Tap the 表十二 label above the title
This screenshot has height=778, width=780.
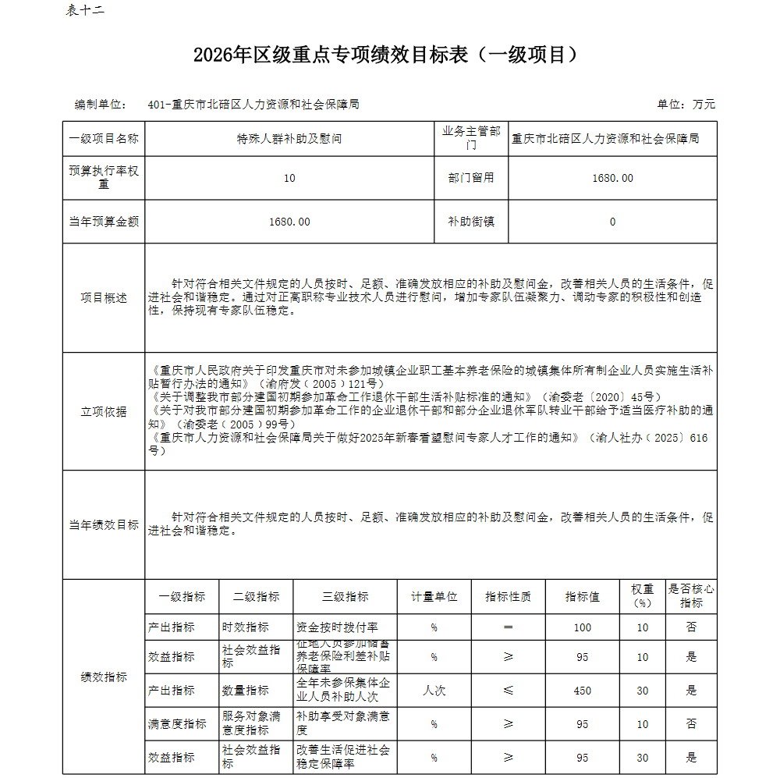tap(85, 10)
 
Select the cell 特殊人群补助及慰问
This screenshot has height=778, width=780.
tap(289, 139)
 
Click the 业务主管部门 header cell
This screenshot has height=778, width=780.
tap(471, 138)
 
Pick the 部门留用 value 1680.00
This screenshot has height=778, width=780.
tap(612, 178)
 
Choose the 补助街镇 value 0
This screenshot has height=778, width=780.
tap(612, 222)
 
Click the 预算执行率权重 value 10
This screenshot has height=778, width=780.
tap(289, 178)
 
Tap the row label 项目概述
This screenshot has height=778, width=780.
tap(104, 298)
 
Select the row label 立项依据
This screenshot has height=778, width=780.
tap(104, 411)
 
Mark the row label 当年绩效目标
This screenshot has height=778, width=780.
tap(104, 525)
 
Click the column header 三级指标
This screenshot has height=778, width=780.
tap(345, 597)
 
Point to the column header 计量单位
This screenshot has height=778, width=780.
tap(434, 597)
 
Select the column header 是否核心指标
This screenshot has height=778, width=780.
tap(690, 596)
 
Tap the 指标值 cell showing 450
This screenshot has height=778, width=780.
tap(582, 691)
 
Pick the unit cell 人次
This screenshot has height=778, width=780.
tap(434, 691)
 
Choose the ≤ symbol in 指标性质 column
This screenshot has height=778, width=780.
tap(508, 691)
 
